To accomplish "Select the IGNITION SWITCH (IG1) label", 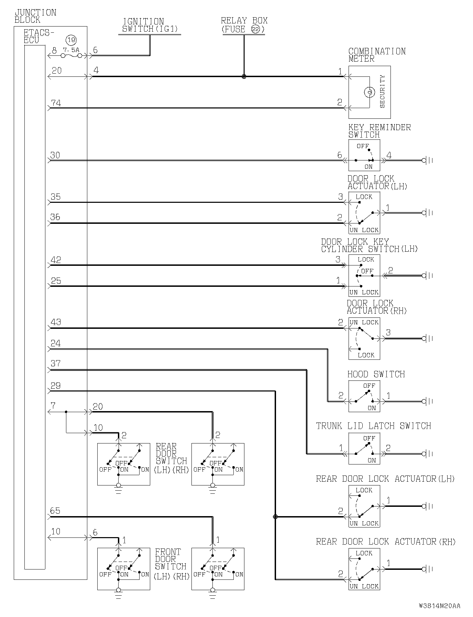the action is tap(150, 25).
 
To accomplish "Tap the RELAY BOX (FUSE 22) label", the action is tap(244, 25).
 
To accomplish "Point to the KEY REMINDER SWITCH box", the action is tap(364, 155).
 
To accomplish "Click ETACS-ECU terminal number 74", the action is tap(56, 103).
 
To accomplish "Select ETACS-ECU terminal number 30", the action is tap(55, 155).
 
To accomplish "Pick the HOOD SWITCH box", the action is tap(364, 396).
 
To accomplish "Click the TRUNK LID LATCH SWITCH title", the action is tap(373, 426).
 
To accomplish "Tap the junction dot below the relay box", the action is tap(244, 76).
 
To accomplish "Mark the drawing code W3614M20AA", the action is tap(439, 606).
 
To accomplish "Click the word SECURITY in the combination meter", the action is tap(382, 92).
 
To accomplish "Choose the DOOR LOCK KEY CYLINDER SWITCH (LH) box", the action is tap(364, 275).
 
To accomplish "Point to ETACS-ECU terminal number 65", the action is tap(55, 511).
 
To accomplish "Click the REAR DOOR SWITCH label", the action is tap(172, 458).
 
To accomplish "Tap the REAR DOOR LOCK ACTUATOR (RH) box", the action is tap(364, 569).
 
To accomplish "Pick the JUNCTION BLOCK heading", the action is tap(35, 16).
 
